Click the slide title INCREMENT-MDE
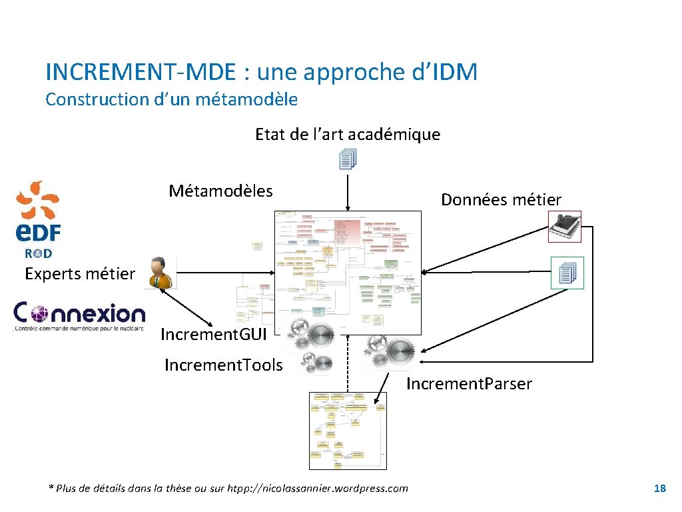pos(261,72)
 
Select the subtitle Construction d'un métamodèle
pos(171,99)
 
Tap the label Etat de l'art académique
pos(348,135)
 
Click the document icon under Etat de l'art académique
pos(348,159)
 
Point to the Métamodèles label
pos(220,191)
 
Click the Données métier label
pos(501,199)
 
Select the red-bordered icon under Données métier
pos(564,227)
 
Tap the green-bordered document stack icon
pos(567,273)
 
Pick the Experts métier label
pos(80,273)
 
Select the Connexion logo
pos(80,316)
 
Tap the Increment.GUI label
pos(213,334)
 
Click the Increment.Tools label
pos(223,365)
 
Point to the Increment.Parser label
pos(469,384)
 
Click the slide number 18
pos(659,489)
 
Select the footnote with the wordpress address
pos(228,489)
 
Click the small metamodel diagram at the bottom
pos(347,430)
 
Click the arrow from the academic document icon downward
pos(348,191)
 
